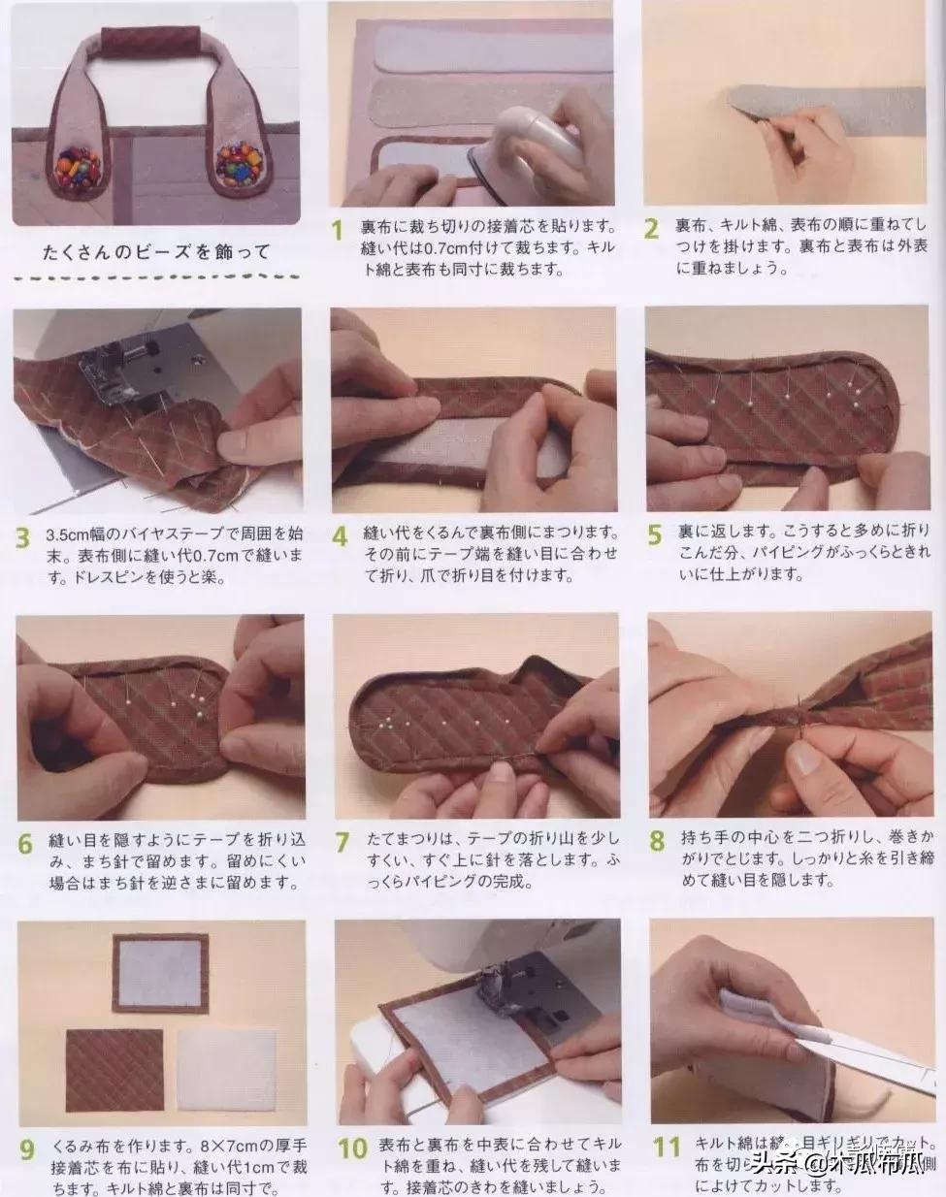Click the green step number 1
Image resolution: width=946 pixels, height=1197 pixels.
(337, 231)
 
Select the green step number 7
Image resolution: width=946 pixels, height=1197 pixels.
(342, 842)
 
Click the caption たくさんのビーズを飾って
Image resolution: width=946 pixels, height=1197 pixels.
(155, 252)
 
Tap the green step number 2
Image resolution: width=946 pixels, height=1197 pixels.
(652, 229)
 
